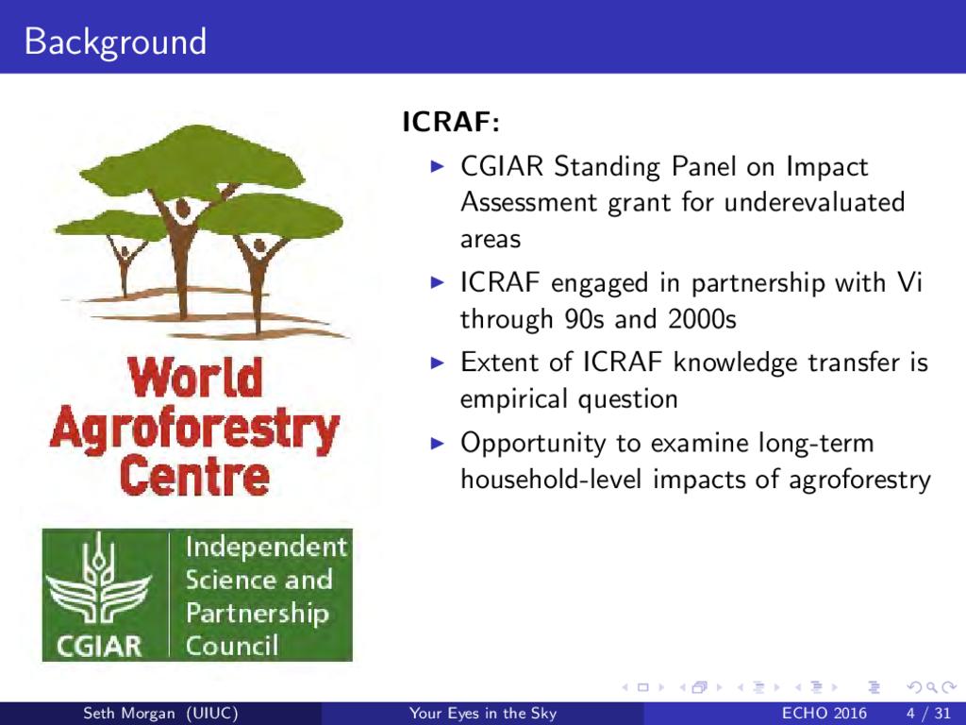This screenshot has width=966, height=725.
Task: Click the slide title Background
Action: [115, 42]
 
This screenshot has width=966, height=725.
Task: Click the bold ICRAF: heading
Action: [451, 122]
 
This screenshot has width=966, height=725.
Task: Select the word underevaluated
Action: [814, 202]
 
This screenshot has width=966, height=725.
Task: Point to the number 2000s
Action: [702, 319]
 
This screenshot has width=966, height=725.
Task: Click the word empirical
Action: [514, 399]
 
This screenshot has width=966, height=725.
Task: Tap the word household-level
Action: [551, 479]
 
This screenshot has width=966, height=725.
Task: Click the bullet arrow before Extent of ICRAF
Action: [437, 362]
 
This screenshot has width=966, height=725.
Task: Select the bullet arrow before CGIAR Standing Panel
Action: [437, 166]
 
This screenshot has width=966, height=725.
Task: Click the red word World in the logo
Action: [195, 377]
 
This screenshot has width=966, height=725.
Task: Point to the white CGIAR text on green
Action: [98, 646]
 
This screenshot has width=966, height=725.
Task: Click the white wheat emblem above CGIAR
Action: [98, 580]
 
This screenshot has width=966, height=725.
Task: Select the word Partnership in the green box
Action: [257, 614]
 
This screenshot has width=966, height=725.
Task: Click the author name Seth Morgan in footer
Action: [128, 714]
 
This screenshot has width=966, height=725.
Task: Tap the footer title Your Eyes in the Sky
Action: [483, 714]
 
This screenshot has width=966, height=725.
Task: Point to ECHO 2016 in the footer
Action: [824, 714]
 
